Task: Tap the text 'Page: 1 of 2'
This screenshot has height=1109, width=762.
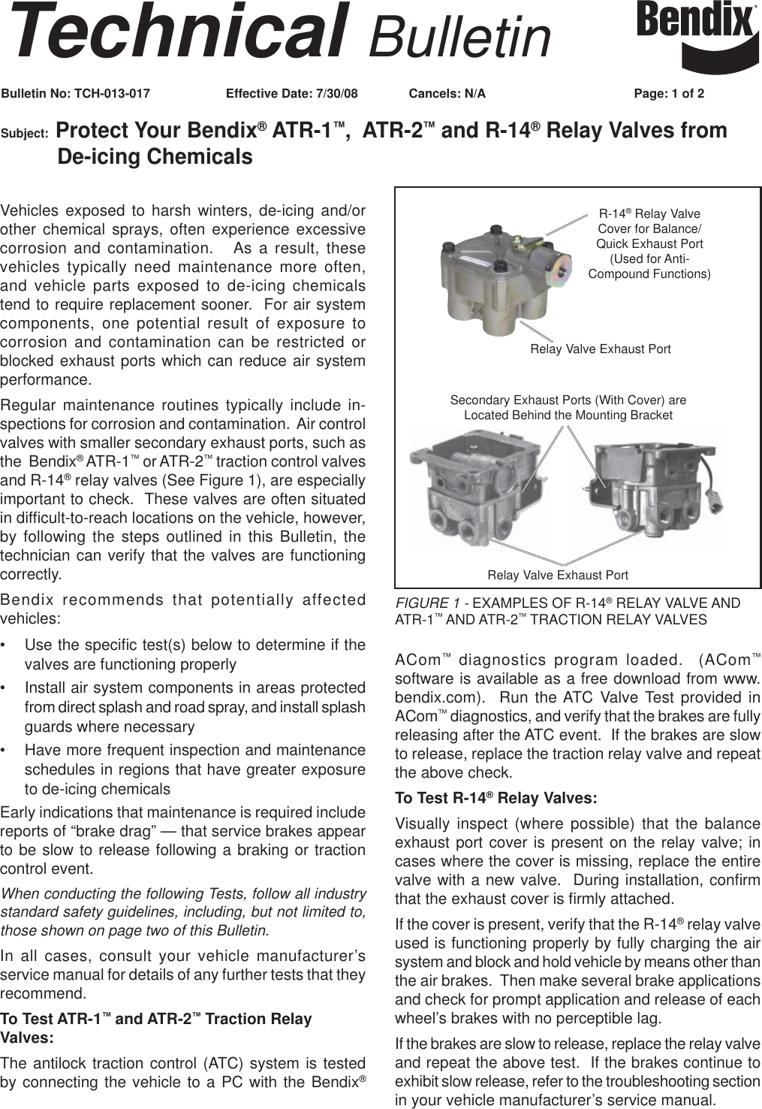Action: [x=669, y=94]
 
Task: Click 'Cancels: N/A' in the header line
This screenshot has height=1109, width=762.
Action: [x=447, y=94]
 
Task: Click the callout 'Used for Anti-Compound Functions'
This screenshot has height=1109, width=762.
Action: [x=649, y=267]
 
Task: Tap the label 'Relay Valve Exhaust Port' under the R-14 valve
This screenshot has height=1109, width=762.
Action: [x=600, y=349]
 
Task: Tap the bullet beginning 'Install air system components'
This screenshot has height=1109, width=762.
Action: [x=194, y=707]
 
